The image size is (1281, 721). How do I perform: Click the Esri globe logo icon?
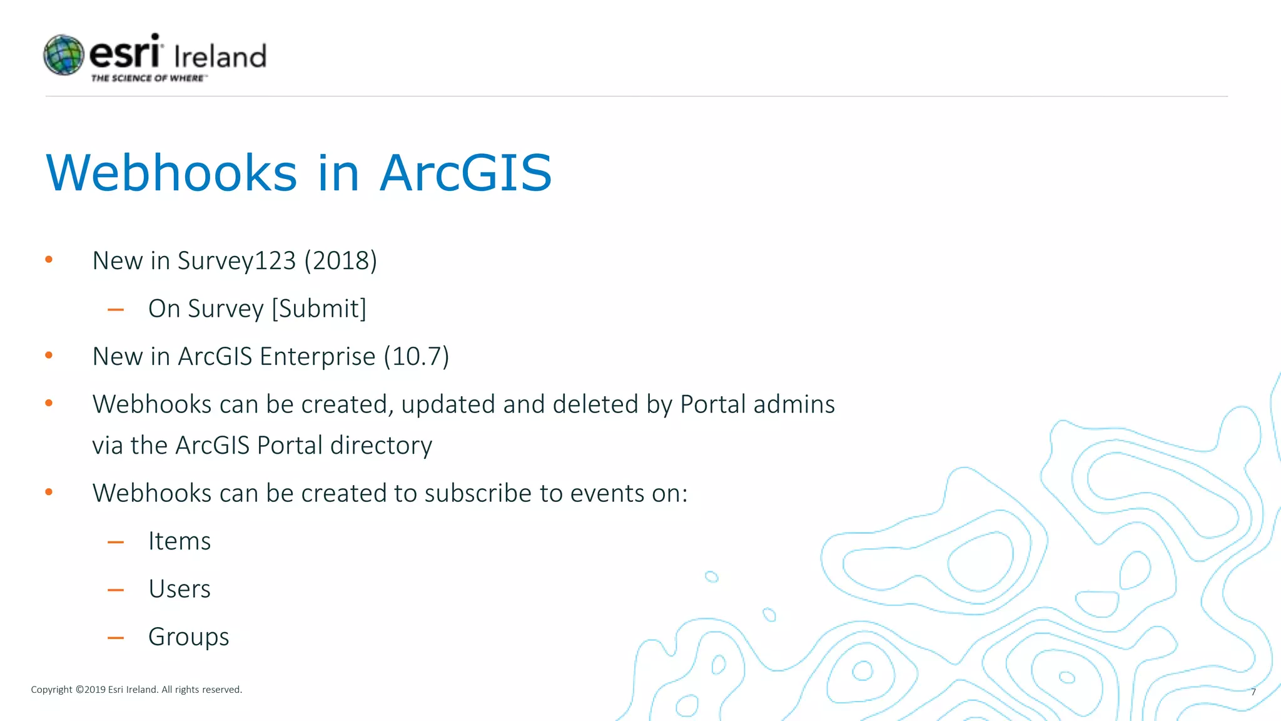pos(64,55)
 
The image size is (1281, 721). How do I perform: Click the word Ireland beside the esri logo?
pos(220,57)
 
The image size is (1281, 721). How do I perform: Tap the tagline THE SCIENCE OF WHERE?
pos(148,78)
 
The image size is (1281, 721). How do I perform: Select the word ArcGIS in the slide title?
pos(466,173)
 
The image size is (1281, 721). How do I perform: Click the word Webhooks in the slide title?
pos(171,173)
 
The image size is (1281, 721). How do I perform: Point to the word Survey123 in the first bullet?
pos(236,261)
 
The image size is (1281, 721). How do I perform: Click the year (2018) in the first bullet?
pos(341,261)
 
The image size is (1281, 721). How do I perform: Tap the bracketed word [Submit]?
pos(319,309)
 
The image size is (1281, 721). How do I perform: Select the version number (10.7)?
pos(417,357)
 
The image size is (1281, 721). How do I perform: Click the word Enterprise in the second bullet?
pos(317,357)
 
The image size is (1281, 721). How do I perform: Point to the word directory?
pos(381,446)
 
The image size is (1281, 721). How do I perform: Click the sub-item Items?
pos(180,541)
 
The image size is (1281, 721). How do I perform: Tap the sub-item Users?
pos(180,589)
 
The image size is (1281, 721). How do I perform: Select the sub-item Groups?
pos(188,637)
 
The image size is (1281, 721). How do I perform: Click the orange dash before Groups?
pos(116,638)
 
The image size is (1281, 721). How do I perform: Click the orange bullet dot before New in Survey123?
pos(49,259)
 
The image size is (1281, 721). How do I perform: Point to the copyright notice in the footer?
pos(136,690)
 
